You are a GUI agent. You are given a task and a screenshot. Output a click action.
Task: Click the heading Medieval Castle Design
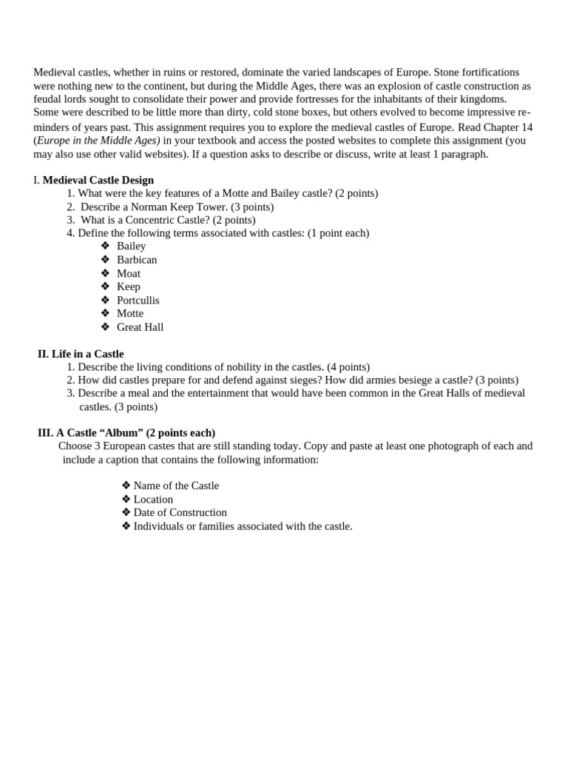point(98,180)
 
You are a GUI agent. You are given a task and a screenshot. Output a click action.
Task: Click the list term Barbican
point(137,260)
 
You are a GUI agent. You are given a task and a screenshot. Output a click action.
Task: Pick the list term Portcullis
point(138,300)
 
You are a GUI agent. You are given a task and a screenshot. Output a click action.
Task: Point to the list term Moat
point(129,273)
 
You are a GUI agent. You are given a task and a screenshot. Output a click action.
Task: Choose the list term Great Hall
point(141,327)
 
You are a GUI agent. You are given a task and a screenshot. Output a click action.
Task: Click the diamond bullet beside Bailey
point(105,246)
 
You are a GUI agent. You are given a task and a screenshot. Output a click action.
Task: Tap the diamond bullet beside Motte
point(105,313)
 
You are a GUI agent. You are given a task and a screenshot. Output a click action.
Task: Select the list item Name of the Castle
point(176,486)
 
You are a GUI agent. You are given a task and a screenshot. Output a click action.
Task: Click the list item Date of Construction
point(180,512)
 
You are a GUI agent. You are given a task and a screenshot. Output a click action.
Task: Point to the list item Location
point(153,499)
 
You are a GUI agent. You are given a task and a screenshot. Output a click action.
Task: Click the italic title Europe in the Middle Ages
point(98,140)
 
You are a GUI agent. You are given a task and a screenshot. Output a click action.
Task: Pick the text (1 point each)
point(338,233)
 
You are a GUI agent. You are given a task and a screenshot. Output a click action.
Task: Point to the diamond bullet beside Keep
point(105,286)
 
